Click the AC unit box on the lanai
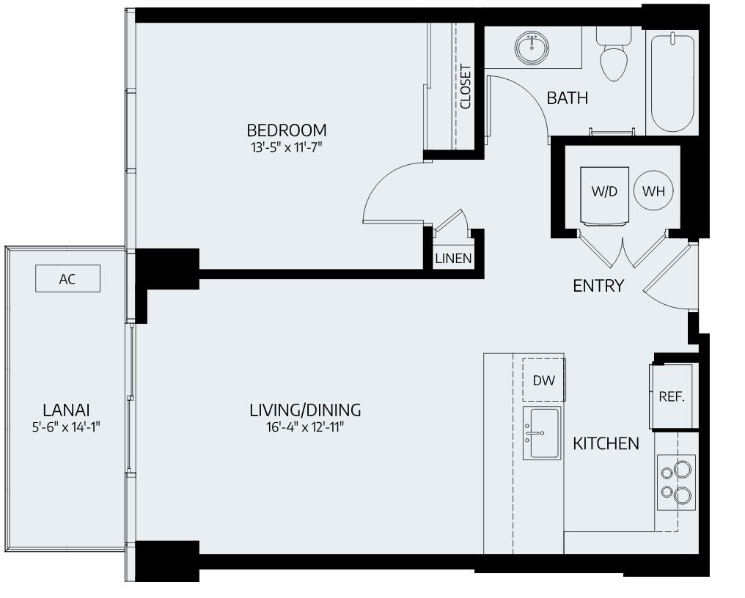coord(67,278)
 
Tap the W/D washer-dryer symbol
coord(604,192)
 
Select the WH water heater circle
coord(653,192)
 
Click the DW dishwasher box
coord(543,380)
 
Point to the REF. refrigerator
coord(672,396)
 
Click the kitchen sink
coord(542,433)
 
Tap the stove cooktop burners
coord(676,481)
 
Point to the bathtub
coord(671,81)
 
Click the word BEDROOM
coord(286,130)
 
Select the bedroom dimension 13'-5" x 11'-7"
coord(286,147)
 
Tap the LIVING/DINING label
coord(305,410)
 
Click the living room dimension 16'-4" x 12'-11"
coord(305,427)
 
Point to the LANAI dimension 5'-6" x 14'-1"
coord(66,427)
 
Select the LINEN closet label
coord(453,259)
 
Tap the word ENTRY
coord(598,286)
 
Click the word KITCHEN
coord(606,443)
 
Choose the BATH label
coord(568,97)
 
